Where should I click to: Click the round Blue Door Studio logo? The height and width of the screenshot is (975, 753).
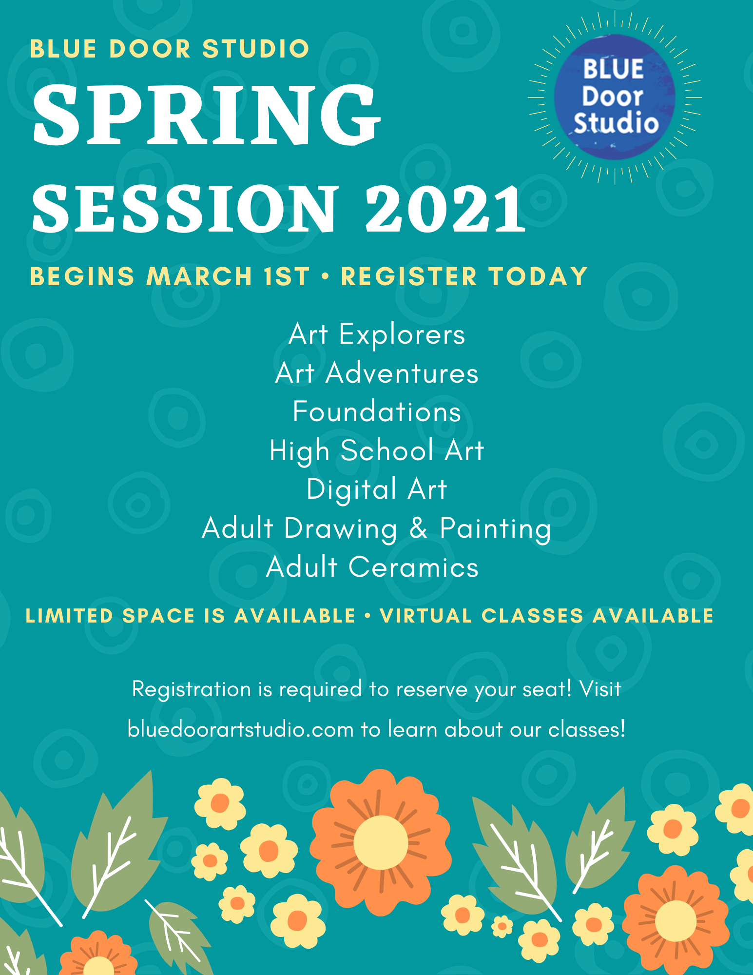pos(615,97)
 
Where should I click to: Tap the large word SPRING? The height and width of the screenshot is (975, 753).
pos(207,115)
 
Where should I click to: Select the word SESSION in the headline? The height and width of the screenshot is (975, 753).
pos(185,209)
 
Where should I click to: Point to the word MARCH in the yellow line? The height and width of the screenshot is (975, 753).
pos(199,276)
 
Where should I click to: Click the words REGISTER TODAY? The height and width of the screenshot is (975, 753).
pos(464,276)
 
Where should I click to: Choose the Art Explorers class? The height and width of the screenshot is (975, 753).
pos(377,334)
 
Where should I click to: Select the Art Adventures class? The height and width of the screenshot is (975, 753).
pos(377,373)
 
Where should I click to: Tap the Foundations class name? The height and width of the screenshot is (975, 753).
pos(377,411)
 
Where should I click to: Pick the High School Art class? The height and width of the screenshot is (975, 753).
pos(377,450)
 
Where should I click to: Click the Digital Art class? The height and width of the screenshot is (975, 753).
pos(377,489)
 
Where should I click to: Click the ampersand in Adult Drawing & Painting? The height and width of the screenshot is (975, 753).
pos(419,528)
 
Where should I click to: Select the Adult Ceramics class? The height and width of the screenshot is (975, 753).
pos(372,567)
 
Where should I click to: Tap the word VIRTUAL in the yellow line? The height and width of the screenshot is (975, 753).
pos(426,616)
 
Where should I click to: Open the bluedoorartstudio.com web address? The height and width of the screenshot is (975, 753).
pos(241,729)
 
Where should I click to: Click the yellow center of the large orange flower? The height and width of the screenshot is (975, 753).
pos(381,842)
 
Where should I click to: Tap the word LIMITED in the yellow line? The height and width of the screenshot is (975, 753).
pos(69,616)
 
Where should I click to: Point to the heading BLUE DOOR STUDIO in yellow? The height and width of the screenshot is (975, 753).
pos(170,49)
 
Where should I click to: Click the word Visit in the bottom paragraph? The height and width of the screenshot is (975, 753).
pos(600,689)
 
